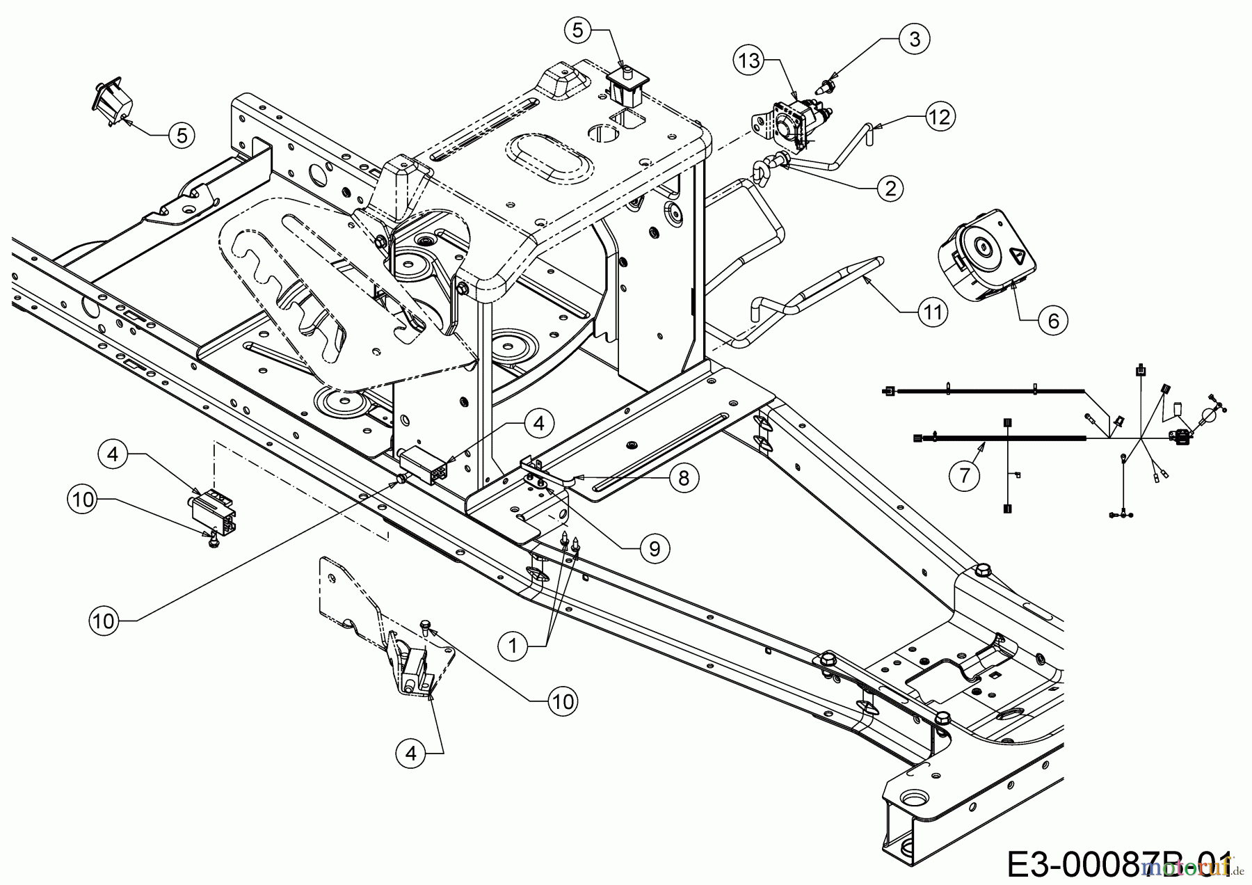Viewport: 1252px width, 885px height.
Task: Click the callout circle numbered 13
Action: [x=750, y=61]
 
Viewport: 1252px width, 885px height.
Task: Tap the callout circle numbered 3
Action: [x=914, y=40]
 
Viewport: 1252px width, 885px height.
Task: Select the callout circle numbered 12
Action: [x=939, y=116]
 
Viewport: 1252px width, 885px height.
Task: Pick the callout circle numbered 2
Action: [x=890, y=187]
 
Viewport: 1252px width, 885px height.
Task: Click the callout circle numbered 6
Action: [x=1052, y=320]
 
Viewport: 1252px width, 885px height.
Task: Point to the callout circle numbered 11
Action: [x=932, y=312]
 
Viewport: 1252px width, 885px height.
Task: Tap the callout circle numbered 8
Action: [x=684, y=479]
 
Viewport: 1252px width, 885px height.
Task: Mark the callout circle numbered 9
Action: [x=654, y=548]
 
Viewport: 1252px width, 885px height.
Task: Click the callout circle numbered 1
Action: [x=513, y=646]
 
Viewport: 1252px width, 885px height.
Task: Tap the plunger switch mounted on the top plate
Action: [x=627, y=85]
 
